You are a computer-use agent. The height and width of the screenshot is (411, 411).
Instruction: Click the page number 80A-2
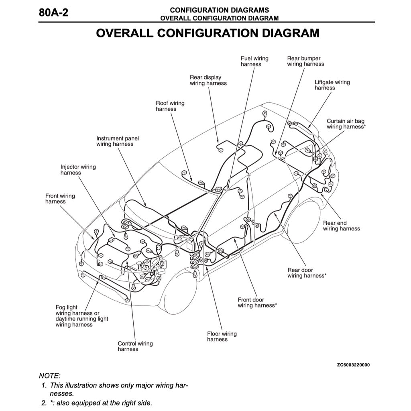pos(53,12)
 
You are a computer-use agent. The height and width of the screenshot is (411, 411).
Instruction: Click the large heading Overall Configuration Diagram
pos(208,33)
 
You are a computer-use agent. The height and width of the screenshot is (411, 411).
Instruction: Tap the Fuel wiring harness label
pos(254,61)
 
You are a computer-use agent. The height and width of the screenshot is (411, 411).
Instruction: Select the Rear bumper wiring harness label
pos(305,61)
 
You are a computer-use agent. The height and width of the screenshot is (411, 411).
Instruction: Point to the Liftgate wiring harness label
pos(332,85)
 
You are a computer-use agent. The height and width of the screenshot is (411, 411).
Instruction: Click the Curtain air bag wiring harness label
pos(346,124)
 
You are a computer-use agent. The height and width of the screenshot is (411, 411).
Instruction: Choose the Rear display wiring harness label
pos(208,80)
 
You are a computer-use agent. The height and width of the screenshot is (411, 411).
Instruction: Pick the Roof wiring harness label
pos(170,106)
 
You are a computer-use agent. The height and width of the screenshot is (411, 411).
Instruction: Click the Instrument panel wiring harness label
pos(117,141)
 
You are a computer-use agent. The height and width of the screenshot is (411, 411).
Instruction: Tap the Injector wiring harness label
pos(78,170)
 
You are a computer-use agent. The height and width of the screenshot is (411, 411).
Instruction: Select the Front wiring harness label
pos(60,199)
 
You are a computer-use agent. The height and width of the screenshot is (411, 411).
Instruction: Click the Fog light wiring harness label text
pos(81,316)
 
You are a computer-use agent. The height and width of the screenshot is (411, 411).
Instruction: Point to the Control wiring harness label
pos(135,346)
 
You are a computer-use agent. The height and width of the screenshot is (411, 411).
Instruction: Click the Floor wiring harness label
pos(222,337)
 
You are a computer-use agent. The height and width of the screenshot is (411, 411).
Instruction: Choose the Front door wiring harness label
pos(257,303)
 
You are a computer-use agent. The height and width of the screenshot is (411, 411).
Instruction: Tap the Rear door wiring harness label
pos(307,273)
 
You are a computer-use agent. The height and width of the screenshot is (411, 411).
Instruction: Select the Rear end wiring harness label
pos(341,226)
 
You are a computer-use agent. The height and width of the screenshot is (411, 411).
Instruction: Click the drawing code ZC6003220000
pos(353,365)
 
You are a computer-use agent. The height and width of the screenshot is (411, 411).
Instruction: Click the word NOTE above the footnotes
pos(49,376)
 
